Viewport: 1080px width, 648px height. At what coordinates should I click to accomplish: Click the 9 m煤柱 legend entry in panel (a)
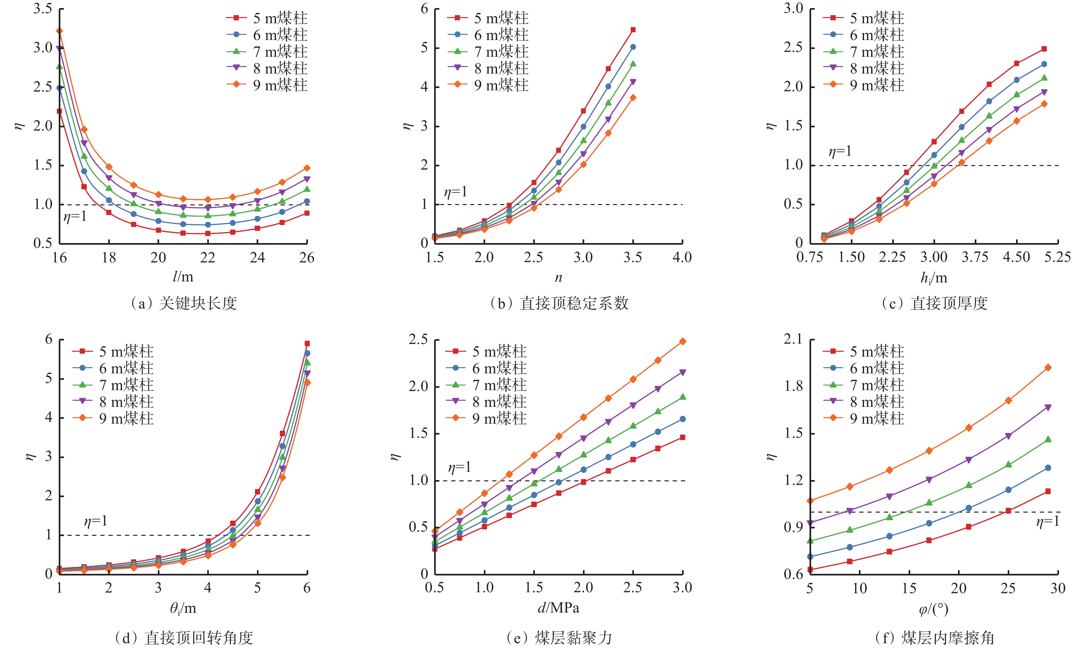coord(280,85)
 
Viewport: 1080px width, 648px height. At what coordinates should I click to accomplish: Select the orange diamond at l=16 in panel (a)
coord(59,31)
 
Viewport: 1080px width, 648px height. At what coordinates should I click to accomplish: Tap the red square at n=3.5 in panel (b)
coord(633,30)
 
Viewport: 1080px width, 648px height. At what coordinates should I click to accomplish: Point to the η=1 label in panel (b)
coord(455,192)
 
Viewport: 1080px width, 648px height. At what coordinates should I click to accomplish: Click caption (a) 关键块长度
coord(184,303)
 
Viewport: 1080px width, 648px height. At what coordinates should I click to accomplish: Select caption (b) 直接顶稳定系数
coord(559,303)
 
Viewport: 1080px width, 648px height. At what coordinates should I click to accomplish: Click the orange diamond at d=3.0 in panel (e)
coord(682,341)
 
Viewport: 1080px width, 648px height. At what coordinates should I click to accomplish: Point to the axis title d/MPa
coord(558,608)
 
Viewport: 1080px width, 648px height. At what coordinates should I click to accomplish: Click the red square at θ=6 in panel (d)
coord(307,344)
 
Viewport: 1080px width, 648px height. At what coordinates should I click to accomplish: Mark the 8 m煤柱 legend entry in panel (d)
coord(126,402)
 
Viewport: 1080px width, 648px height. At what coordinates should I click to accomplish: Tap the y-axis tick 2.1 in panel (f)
coord(793,339)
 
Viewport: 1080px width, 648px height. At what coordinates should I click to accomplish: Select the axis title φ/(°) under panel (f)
coord(933,609)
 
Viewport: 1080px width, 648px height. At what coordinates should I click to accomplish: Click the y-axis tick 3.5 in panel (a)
coord(43,9)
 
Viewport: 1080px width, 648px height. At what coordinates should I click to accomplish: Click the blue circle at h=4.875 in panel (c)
coord(1044,64)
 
